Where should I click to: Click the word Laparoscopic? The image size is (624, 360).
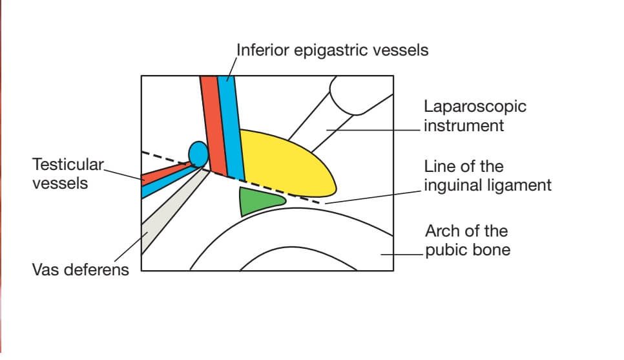click(x=475, y=106)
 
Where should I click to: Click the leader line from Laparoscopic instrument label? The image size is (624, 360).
click(x=375, y=129)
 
